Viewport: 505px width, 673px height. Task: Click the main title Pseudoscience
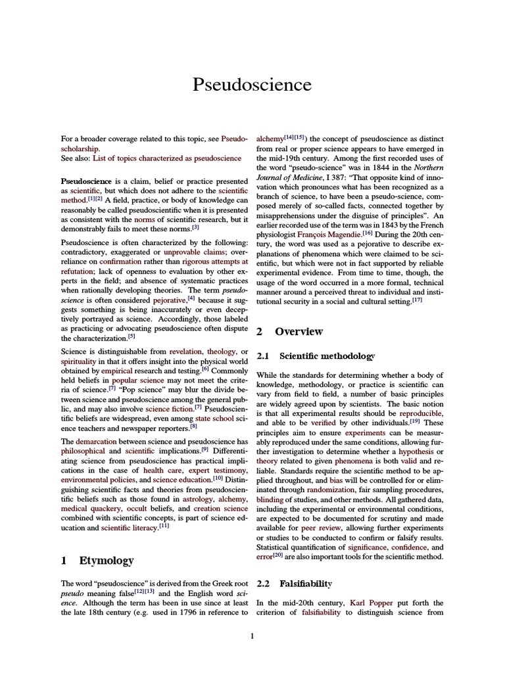point(252,84)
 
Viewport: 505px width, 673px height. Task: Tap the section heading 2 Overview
point(290,331)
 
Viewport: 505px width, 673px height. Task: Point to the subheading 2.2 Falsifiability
point(295,583)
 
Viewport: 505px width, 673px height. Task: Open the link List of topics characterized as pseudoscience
point(167,158)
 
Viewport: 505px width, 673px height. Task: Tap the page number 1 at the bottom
point(252,635)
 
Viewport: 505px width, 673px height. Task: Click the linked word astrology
point(197,499)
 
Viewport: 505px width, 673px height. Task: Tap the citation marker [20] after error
point(279,556)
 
